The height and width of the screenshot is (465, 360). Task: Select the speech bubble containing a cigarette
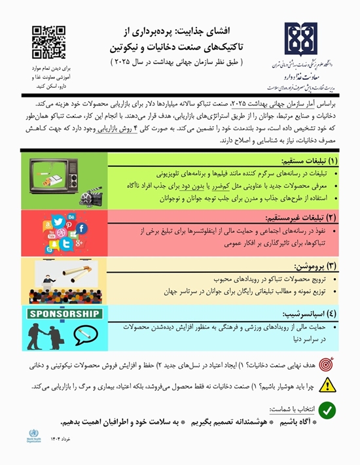tap(83, 334)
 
